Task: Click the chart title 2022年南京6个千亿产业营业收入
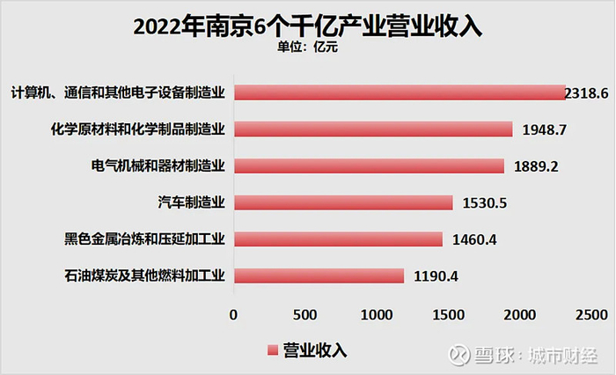tap(307, 26)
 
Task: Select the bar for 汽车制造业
tap(343, 202)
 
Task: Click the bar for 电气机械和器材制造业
tap(369, 165)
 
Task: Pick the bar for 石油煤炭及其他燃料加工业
tap(319, 276)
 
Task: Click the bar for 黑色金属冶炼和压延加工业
tap(338, 239)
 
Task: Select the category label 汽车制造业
tap(194, 202)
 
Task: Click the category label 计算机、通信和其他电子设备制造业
tap(119, 92)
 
